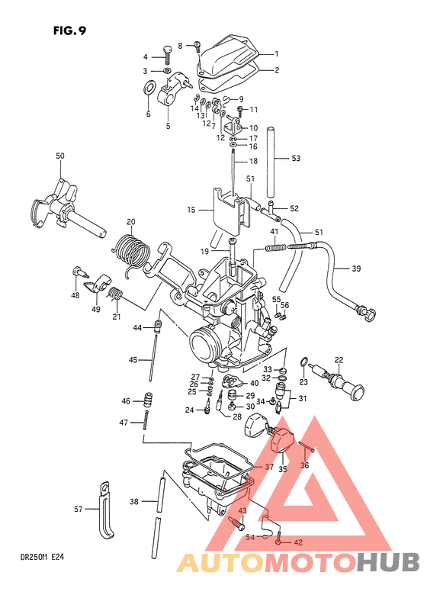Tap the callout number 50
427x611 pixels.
click(60, 156)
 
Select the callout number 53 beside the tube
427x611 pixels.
click(296, 159)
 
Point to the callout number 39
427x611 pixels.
click(356, 269)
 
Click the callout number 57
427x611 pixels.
click(77, 509)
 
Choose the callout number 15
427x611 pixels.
click(191, 209)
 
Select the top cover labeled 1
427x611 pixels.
click(228, 54)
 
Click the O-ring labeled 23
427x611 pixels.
click(304, 362)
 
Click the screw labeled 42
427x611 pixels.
click(278, 542)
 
